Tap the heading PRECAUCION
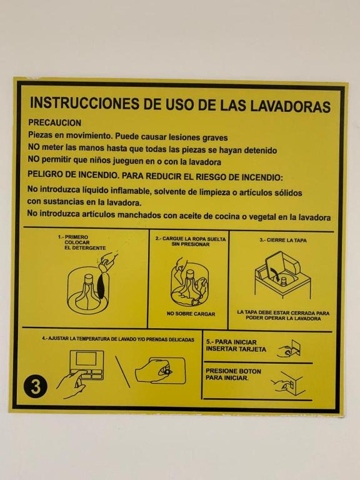click(55, 122)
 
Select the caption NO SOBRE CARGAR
click(191, 314)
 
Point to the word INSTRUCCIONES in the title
click(85, 103)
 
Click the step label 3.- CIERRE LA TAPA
click(283, 240)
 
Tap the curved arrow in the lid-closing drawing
click(274, 273)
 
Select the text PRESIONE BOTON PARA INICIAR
click(233, 374)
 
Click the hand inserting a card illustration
click(289, 349)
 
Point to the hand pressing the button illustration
click(287, 382)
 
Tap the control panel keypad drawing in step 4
click(86, 365)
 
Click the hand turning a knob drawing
click(160, 371)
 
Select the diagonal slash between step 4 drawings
click(122, 371)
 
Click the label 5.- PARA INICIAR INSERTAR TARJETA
click(236, 346)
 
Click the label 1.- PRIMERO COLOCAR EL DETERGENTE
click(82, 242)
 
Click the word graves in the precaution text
click(215, 137)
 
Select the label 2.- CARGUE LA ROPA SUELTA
click(191, 239)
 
